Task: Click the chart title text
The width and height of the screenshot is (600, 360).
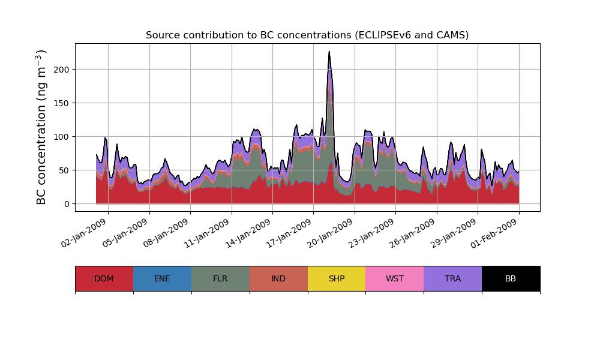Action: (x=307, y=35)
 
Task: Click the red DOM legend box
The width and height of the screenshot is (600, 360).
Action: (x=104, y=278)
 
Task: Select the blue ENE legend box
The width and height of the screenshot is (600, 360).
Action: (x=162, y=278)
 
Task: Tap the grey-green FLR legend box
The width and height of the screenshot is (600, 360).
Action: (x=220, y=278)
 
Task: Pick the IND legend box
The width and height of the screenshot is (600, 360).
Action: (x=278, y=278)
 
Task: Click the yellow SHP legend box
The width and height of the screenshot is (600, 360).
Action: (x=337, y=278)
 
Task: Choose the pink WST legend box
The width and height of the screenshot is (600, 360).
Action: (x=395, y=278)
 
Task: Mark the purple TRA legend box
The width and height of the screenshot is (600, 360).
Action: (x=453, y=278)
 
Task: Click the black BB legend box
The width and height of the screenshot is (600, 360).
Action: (x=511, y=278)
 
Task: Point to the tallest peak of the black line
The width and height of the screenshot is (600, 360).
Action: (x=329, y=52)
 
